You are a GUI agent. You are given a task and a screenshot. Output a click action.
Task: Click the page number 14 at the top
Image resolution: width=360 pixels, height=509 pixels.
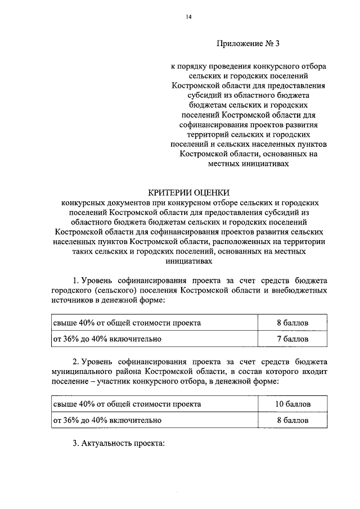tap(190, 17)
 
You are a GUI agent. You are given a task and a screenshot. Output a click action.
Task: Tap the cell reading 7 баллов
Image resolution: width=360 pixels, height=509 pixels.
tap(292, 339)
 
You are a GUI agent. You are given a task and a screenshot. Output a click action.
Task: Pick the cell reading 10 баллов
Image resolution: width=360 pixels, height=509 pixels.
tap(292, 404)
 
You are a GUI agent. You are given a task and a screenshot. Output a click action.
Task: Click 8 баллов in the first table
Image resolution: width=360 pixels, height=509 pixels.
tap(292, 323)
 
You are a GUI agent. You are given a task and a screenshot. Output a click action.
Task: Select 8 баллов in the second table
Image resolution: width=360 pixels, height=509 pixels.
tap(292, 420)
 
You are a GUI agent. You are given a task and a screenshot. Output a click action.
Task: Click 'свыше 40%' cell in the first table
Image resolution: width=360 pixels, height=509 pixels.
tap(126, 323)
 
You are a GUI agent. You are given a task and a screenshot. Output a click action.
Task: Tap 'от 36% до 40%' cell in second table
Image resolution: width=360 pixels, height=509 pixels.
tap(107, 420)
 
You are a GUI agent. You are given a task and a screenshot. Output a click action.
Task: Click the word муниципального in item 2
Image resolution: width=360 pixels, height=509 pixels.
tap(83, 372)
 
